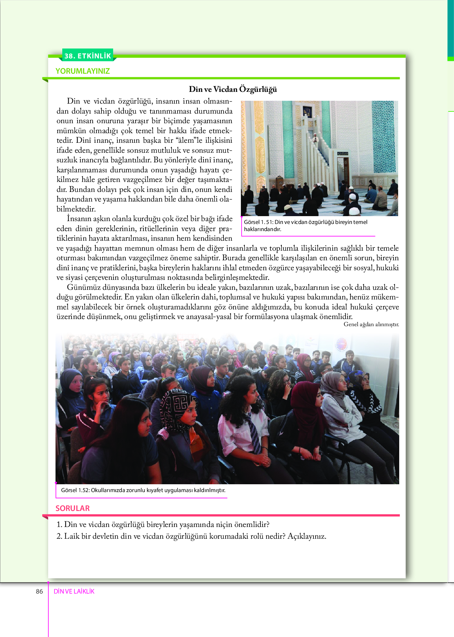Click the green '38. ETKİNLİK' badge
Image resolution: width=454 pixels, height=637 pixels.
click(x=88, y=56)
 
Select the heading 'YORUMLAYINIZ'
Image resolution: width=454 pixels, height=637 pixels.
click(x=83, y=71)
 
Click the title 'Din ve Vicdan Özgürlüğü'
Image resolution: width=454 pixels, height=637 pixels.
click(x=233, y=89)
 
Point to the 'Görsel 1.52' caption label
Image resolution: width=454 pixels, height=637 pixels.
click(x=75, y=490)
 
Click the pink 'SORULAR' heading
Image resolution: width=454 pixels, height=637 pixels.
click(x=73, y=508)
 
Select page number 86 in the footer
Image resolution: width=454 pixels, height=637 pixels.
click(x=39, y=591)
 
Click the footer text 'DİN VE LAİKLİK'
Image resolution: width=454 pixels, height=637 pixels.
click(x=74, y=591)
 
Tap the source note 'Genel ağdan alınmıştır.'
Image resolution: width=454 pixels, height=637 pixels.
click(x=371, y=324)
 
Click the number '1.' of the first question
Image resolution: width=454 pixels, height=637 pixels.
click(x=59, y=524)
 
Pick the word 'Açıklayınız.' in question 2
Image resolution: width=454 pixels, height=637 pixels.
click(x=307, y=536)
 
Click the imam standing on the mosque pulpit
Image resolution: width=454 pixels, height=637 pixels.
click(x=315, y=137)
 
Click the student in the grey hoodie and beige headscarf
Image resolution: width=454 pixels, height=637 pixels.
click(x=340, y=402)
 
